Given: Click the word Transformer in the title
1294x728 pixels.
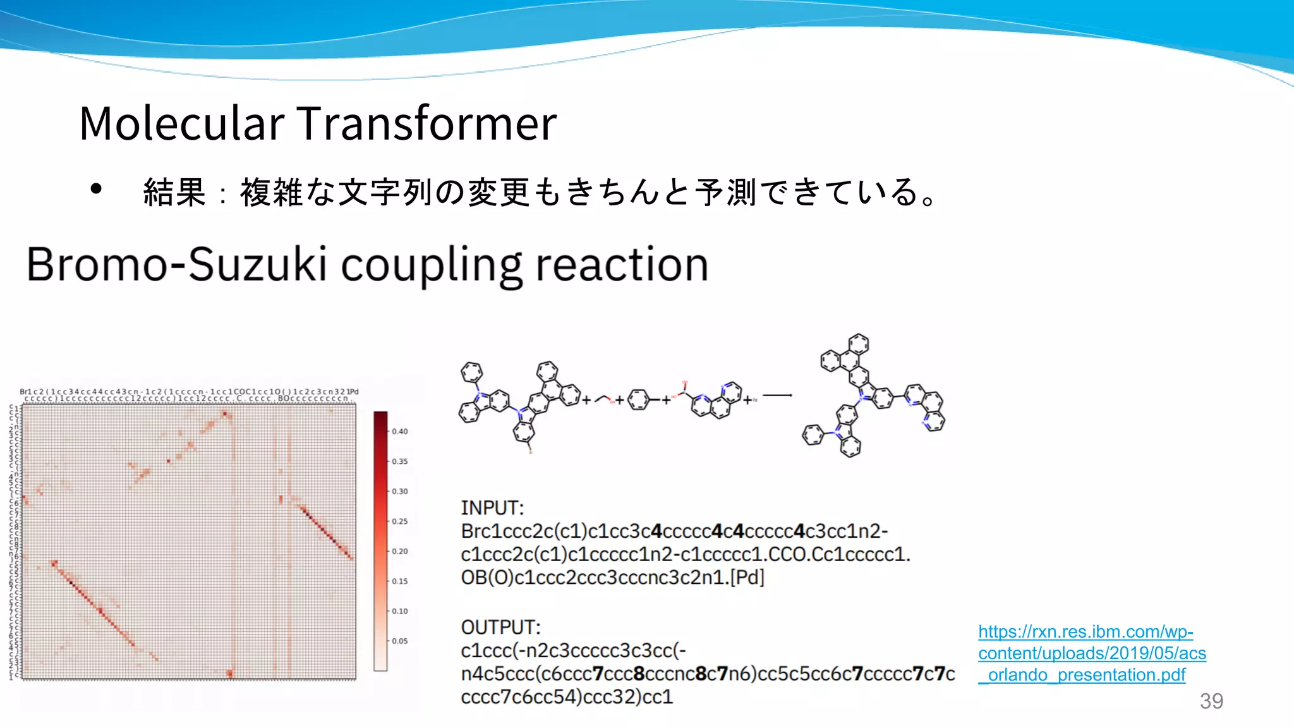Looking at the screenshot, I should coord(426,123).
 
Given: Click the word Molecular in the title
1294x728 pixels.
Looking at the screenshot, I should coord(182,123).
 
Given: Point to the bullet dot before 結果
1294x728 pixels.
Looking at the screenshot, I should coord(96,189).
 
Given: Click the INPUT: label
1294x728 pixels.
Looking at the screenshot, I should coord(492,508).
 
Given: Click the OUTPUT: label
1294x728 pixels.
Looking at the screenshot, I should coord(500,628).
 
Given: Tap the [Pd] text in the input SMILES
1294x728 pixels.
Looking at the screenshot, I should coord(747,578).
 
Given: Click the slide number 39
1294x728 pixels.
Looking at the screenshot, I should coord(1211,701).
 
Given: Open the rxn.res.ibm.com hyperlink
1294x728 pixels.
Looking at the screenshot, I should coord(1091,653).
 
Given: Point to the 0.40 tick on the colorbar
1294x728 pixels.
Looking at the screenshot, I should coord(400,432).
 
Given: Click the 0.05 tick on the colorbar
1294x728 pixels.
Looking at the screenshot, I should coord(400,641).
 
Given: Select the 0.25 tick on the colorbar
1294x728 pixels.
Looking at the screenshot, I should coord(400,521).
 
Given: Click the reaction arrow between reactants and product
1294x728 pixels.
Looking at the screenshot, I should coord(777,396).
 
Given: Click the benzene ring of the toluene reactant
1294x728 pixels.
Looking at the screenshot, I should coord(638,399).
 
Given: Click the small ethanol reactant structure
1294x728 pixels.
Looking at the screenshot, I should coord(604,399).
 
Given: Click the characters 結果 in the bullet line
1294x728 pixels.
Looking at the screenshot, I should coord(174,192).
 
